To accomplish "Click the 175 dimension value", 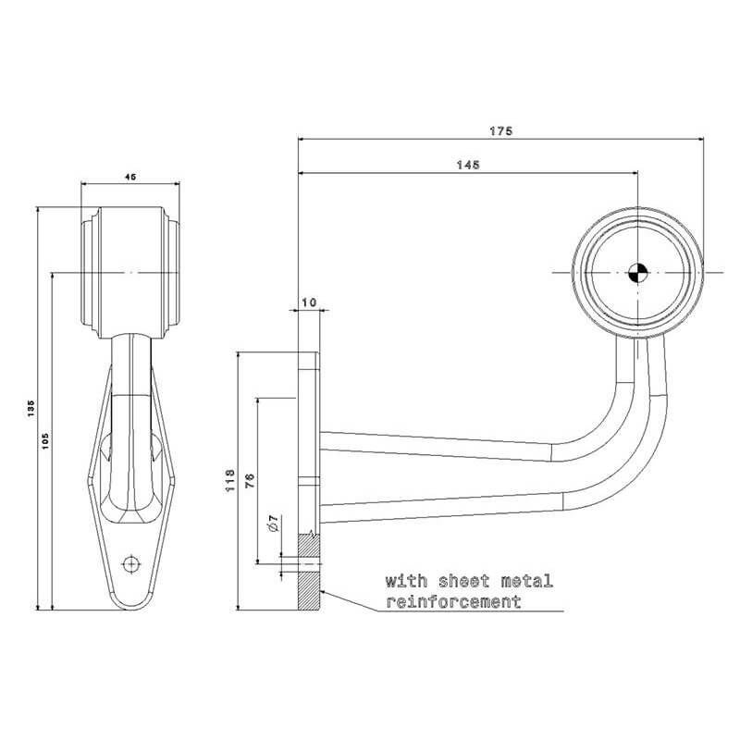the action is (500, 130).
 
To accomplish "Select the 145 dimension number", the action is (468, 165).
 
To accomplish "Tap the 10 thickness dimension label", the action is (309, 302).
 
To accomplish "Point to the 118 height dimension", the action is (230, 480).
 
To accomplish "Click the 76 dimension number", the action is (250, 480).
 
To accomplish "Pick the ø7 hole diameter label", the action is (273, 524).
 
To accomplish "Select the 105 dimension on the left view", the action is (45, 441).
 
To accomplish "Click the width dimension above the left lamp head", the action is (130, 177).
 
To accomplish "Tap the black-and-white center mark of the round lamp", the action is (637, 273).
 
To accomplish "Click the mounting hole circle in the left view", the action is (131, 563).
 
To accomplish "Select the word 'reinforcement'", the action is (453, 602).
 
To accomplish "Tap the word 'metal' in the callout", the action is (526, 581).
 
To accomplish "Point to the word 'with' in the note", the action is (406, 581).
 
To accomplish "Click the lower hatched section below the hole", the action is (309, 590).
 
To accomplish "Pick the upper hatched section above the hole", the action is (309, 545).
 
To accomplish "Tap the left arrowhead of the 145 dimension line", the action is (302, 173).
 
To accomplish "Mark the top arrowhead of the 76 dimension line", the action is (258, 402).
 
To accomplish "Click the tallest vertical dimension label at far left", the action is (31, 409).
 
